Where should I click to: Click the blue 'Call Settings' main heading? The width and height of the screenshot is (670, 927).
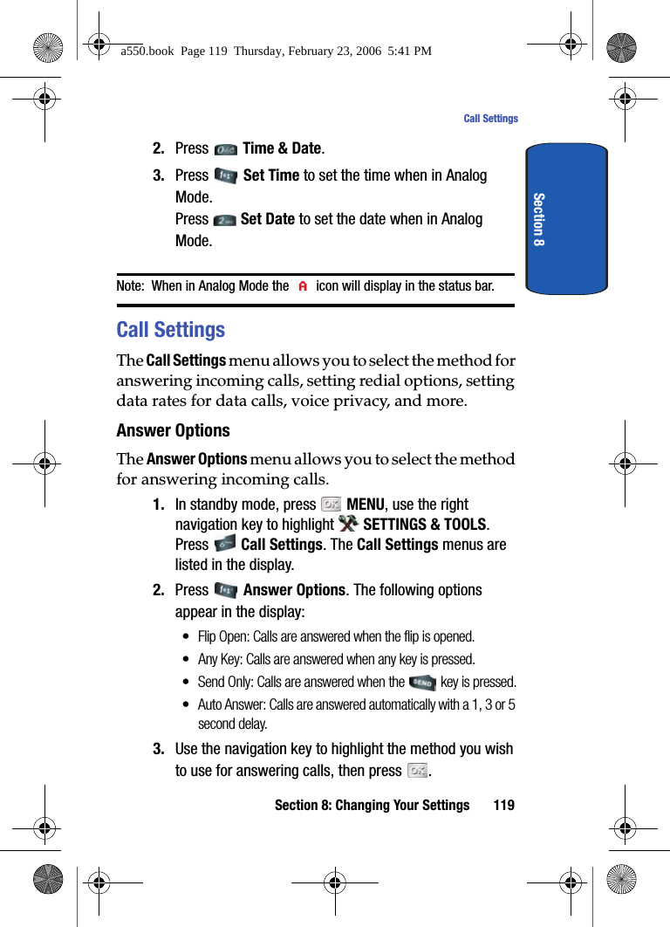coord(171,330)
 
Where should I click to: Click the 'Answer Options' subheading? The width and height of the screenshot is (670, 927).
coord(174,430)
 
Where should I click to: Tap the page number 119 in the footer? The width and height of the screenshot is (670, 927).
coord(503,805)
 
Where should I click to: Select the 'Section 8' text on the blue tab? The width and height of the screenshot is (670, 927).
coord(538,219)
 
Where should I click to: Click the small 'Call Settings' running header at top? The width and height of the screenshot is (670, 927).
coord(490,119)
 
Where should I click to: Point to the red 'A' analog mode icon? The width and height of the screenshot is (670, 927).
coord(303,286)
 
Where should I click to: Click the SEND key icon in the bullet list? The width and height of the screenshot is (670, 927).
coord(422,683)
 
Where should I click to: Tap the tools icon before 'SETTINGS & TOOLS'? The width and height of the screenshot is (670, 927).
coord(348,524)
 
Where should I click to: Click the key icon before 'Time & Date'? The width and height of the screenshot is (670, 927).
coord(225,149)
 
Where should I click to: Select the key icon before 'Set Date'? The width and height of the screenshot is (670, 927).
coord(223,220)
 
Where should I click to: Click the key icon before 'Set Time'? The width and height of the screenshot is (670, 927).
coord(225,176)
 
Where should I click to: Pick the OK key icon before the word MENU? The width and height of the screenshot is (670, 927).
coord(331,505)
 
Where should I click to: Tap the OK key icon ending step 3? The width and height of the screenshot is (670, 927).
coord(418,771)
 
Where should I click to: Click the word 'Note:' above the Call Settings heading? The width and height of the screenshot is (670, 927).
coord(130,286)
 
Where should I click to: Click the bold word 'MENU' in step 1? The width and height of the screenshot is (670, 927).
coord(365,505)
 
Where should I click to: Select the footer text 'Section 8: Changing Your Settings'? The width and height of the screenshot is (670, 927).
coord(372,805)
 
